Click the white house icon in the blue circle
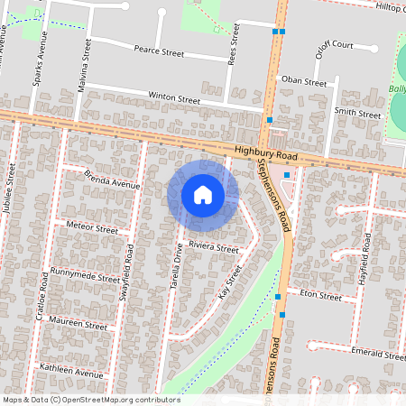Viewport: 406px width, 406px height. click(203, 194)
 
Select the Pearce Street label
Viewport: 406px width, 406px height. click(159, 53)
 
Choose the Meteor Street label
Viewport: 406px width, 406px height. click(92, 229)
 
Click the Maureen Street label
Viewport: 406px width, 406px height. click(80, 324)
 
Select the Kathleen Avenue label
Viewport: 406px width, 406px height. click(72, 371)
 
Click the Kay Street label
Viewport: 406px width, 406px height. click(231, 281)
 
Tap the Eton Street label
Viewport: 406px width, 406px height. click(320, 295)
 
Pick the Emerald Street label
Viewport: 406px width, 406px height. click(379, 355)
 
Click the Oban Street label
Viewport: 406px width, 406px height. click(304, 81)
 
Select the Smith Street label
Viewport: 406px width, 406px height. click(358, 114)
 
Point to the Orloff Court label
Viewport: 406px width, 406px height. click(333, 44)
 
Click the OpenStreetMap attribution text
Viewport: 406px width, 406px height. click(91, 400)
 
